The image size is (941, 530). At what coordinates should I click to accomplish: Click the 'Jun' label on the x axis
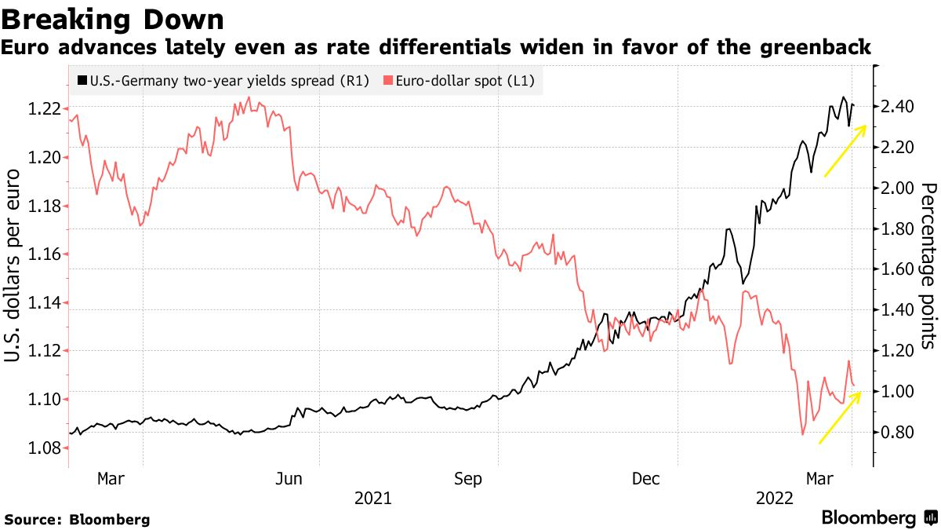(289, 478)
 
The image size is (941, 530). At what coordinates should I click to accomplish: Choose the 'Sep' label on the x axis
(468, 478)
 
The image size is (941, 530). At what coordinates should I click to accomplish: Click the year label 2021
(375, 498)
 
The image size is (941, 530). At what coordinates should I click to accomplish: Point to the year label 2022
(774, 498)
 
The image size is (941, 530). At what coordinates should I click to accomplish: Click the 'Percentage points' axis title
(928, 265)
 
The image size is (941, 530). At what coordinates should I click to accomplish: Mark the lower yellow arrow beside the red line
(840, 417)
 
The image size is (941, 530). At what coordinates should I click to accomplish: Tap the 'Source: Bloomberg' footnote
(77, 519)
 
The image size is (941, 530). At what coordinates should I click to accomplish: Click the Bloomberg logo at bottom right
(878, 518)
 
